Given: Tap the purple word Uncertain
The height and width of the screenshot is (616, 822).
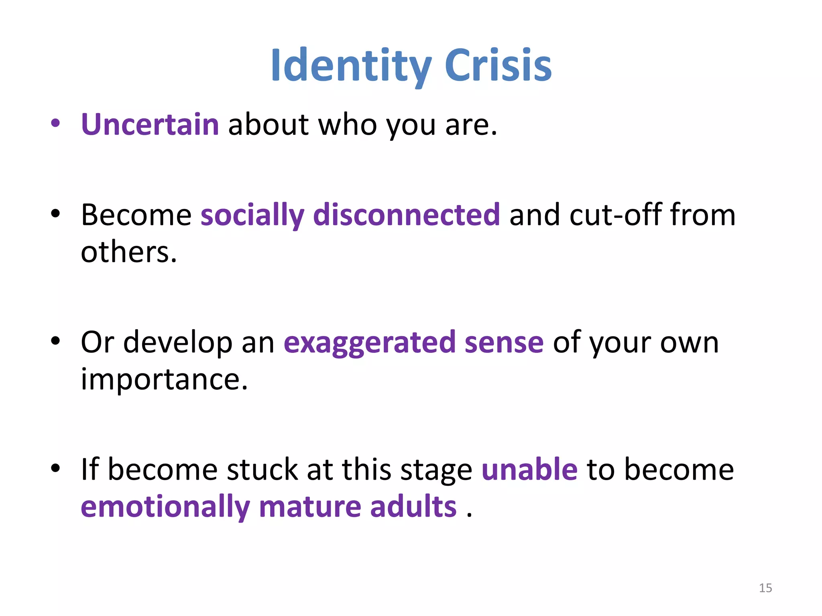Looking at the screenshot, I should point(150,125).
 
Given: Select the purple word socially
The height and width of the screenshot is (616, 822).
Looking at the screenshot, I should point(252,215).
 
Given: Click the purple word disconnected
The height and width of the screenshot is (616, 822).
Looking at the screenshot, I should point(406,215).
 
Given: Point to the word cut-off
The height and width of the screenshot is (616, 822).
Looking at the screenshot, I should point(615,215).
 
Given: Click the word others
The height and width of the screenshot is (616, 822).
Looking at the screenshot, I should point(128,253).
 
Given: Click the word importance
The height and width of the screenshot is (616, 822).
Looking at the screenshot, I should point(164,380).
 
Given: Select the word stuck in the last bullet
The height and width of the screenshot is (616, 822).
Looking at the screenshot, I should point(262,470).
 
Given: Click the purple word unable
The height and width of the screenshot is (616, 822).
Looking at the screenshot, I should point(529,470).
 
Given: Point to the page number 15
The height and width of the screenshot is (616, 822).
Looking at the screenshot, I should point(765,588).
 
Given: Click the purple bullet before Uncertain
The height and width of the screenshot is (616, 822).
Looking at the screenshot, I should point(55,124).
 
